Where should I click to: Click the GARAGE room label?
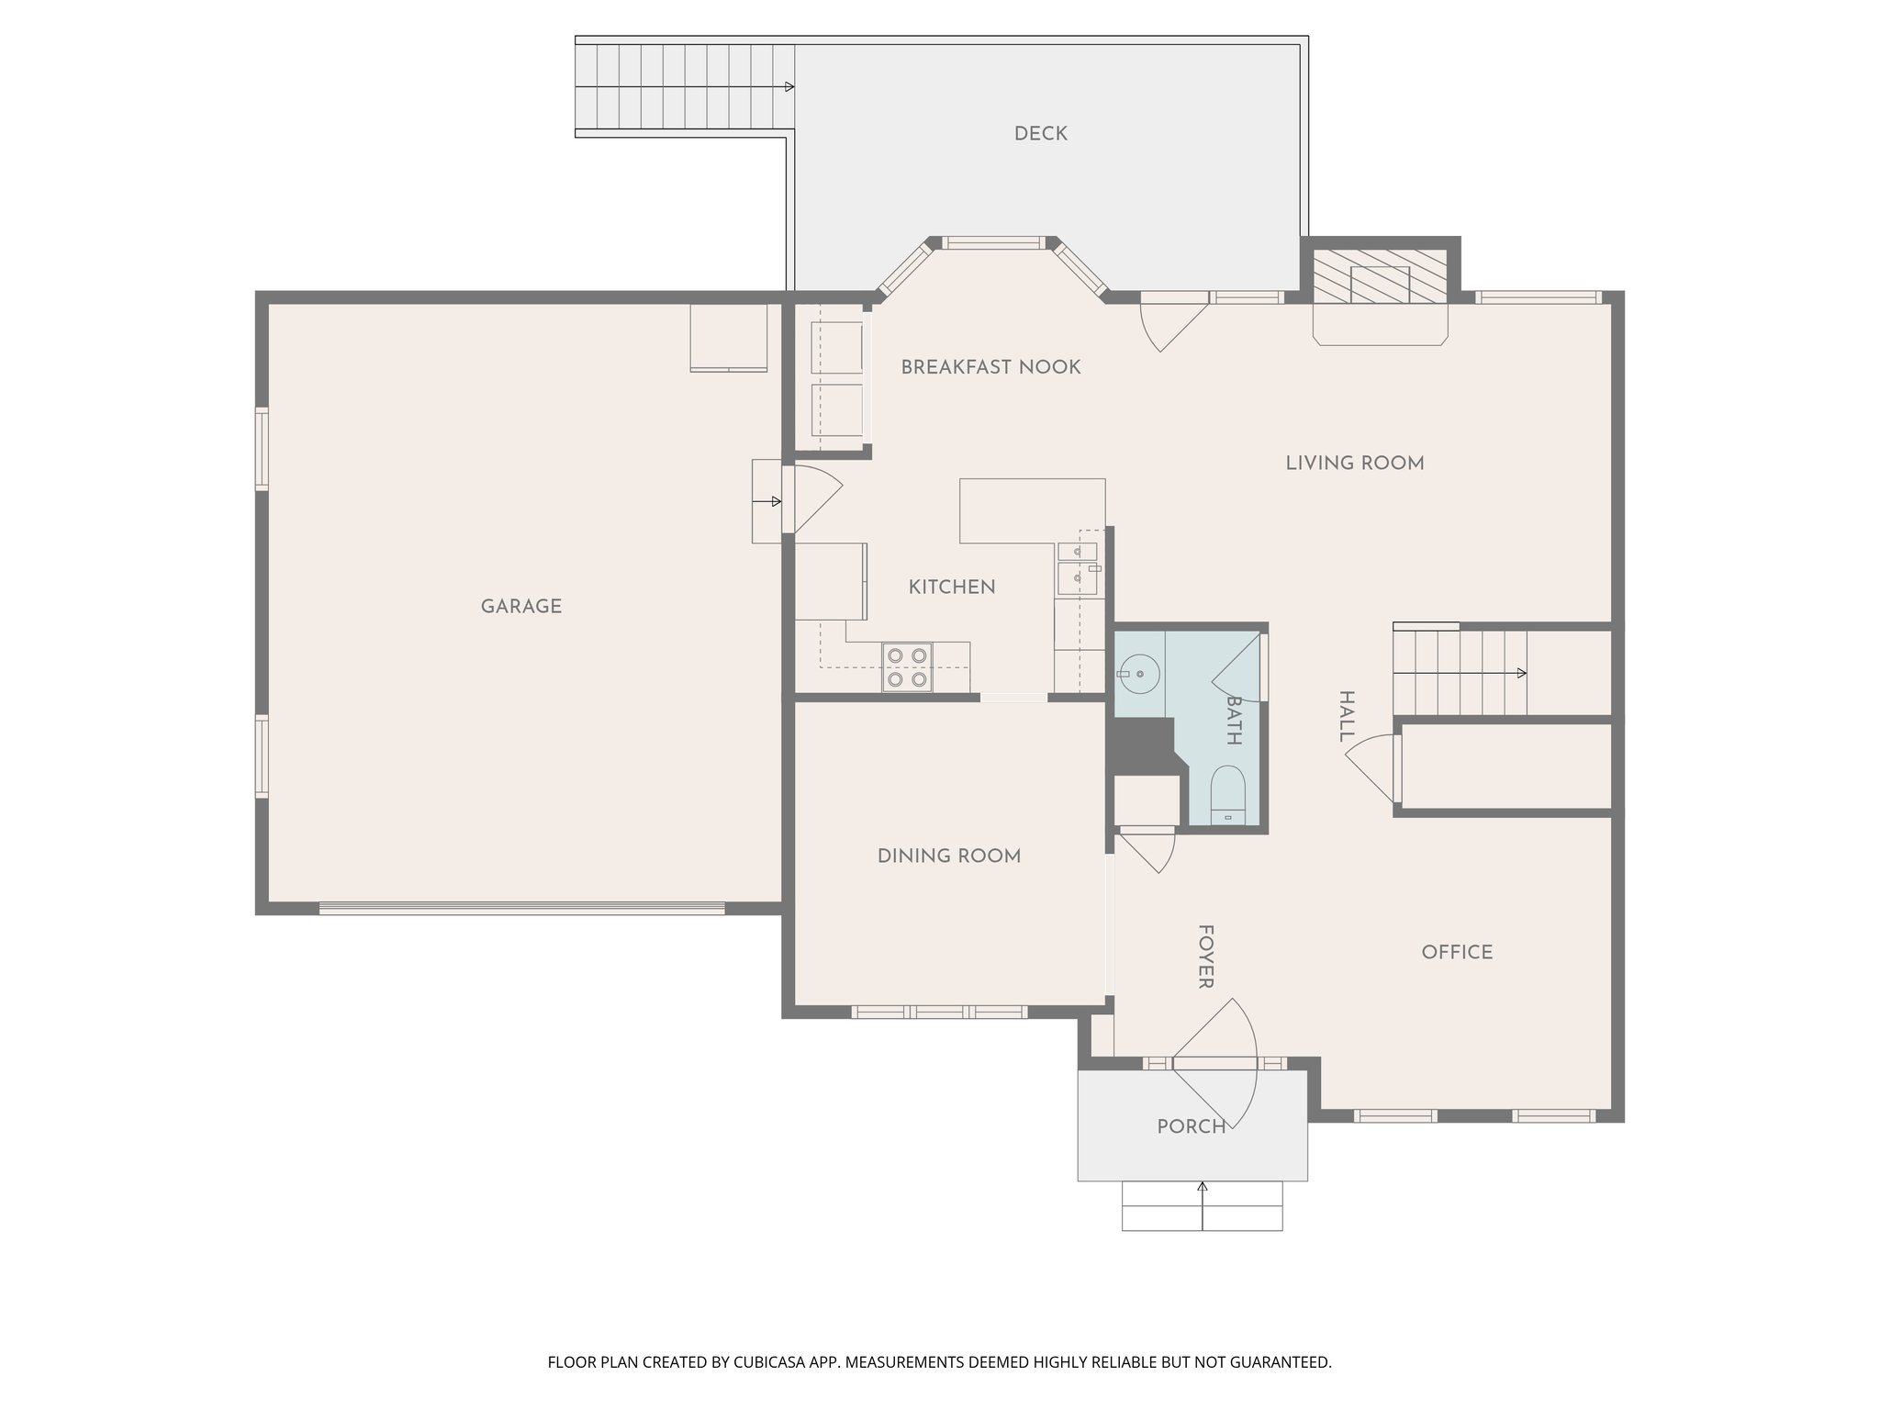[x=520, y=606]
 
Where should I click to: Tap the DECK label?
[x=1040, y=134]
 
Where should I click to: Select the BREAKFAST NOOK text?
[x=990, y=367]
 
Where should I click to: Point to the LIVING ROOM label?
[x=1354, y=464]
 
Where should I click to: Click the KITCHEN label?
[x=951, y=587]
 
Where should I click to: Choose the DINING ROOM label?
[x=948, y=856]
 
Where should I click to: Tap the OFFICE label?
[x=1457, y=952]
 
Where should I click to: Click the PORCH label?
[x=1191, y=1126]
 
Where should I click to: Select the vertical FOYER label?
[x=1205, y=957]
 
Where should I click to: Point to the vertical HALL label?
[x=1346, y=716]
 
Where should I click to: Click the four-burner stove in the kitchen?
[x=907, y=667]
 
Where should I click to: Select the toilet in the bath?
[x=1227, y=796]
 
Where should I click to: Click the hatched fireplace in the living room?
[x=1380, y=275]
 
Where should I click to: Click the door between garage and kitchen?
[x=812, y=499]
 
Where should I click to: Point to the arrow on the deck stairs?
[x=788, y=87]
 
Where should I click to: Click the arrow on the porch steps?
[x=1202, y=1189]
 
